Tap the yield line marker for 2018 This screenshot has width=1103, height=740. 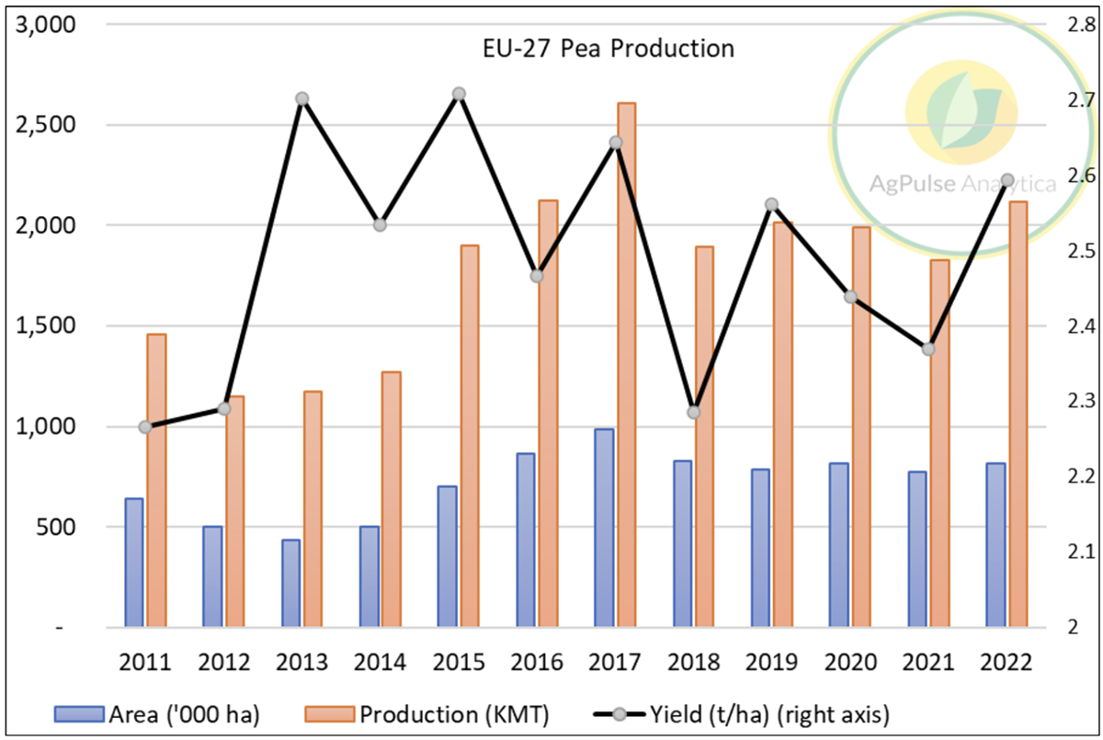coord(694,412)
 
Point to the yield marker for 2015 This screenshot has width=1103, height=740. coord(459,94)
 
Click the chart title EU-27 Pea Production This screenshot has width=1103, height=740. coord(608,49)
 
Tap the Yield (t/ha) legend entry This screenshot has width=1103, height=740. coord(755,713)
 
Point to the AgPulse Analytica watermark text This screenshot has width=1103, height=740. coord(961,185)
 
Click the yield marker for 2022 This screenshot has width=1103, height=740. coord(1006,180)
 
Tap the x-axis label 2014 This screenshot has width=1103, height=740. coord(381,662)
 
